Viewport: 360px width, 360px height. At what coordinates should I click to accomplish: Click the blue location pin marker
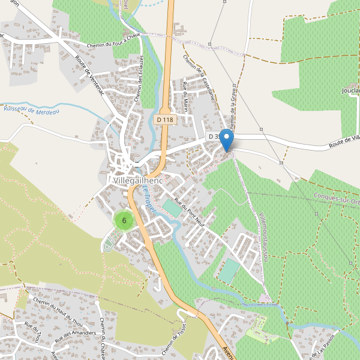point(226,140)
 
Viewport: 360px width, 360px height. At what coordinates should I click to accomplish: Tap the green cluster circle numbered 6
point(124,221)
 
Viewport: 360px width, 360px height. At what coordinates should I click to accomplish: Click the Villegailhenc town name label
point(140,179)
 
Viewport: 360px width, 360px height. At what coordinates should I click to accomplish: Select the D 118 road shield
point(164,120)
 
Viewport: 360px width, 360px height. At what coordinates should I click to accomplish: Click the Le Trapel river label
point(149,198)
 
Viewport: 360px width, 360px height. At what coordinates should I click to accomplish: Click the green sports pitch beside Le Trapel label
point(171,208)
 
